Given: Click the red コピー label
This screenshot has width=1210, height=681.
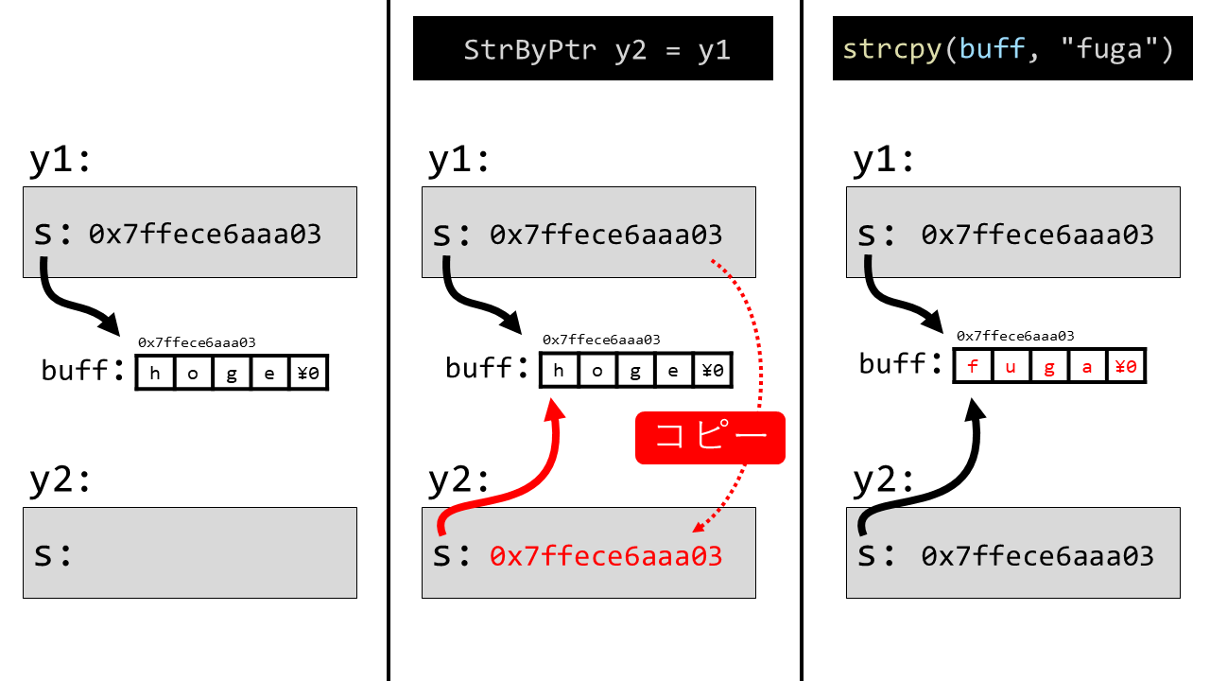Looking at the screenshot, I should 710,438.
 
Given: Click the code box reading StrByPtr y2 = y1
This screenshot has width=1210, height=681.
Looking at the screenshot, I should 593,48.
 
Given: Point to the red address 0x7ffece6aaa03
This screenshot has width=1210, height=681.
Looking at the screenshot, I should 606,556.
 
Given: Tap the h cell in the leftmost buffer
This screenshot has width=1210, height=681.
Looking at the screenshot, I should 156,372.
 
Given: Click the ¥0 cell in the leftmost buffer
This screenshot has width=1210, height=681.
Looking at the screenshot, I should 308,372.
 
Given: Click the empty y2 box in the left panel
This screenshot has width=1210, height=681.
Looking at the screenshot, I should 190,552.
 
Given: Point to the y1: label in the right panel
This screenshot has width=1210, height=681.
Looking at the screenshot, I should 884,161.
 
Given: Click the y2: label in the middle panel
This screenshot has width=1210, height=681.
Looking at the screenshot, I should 459,480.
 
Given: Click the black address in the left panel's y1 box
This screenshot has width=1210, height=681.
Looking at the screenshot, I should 205,234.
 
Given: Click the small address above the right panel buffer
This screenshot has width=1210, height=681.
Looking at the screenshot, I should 1015,336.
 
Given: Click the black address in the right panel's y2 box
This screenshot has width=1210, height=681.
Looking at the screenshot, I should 1037,556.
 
